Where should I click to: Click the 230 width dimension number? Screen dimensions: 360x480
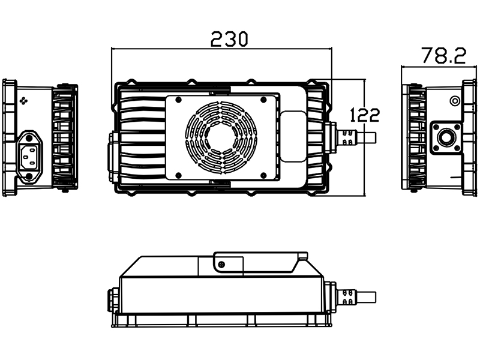[x=229, y=39]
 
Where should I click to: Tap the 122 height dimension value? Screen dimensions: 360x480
[x=364, y=114]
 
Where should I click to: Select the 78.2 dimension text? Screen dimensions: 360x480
[x=443, y=56]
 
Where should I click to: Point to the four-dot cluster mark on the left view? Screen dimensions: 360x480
[x=25, y=101]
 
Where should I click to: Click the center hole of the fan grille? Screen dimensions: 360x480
[x=221, y=138]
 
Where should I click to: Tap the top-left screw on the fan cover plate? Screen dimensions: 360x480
[x=179, y=100]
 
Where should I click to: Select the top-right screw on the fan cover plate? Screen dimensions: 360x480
[x=263, y=100]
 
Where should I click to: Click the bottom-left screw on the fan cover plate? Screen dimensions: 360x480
[x=179, y=175]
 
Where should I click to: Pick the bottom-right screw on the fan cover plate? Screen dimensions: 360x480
[x=263, y=175]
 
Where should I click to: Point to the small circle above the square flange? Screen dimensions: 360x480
[x=455, y=100]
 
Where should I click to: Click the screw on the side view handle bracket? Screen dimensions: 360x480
[x=221, y=265]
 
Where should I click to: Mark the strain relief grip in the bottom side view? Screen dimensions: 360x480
[x=345, y=296]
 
